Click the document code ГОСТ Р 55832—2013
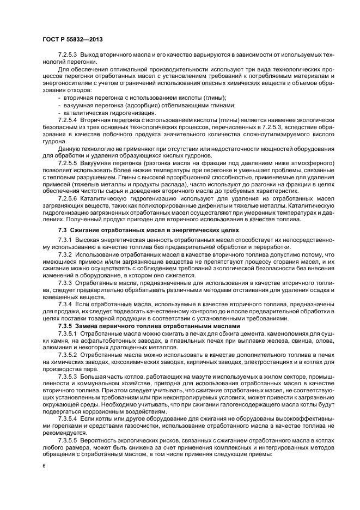pos(72,40)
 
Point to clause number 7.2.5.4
pos(69,119)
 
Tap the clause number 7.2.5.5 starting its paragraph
pos(69,163)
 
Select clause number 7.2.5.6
pos(69,198)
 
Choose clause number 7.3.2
pos(65,254)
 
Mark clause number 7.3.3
pos(65,283)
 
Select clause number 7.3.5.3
pos(69,376)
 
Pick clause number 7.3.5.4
pos(69,418)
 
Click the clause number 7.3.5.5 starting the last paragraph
pos(69,440)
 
